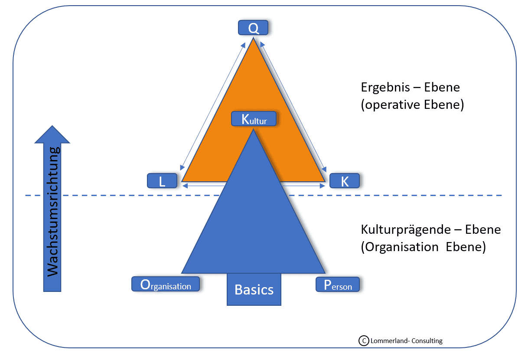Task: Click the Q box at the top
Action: (253, 28)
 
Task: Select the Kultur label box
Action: (254, 119)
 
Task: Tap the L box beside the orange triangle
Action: (163, 181)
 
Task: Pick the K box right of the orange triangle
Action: (345, 181)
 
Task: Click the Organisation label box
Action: (166, 284)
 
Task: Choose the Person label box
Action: (338, 285)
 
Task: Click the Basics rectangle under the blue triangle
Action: (254, 289)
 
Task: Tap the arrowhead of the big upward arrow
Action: (52, 134)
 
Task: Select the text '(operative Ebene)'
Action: (412, 105)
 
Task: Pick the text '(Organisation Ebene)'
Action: (423, 247)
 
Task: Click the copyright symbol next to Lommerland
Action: (364, 341)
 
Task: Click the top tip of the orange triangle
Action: (253, 40)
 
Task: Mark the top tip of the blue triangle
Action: (253, 131)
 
